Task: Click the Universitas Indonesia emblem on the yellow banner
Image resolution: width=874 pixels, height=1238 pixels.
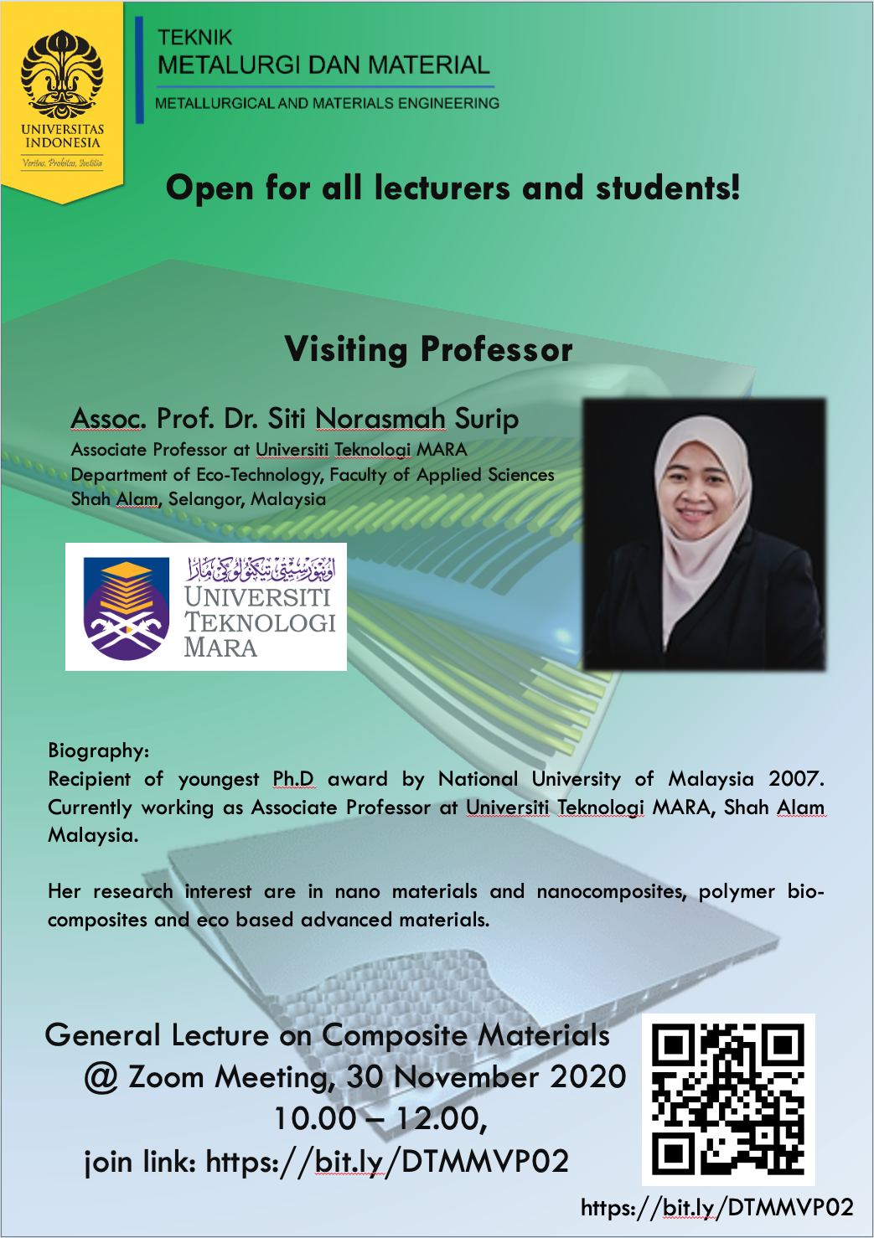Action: (x=61, y=75)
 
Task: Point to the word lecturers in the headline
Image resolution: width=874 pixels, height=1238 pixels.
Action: (x=442, y=188)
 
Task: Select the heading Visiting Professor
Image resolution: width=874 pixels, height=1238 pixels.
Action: (x=428, y=349)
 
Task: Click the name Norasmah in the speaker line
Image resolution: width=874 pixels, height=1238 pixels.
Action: (x=380, y=418)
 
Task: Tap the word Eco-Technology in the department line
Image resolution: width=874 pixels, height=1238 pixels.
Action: (x=259, y=475)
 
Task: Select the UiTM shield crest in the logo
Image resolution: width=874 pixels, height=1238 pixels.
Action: (x=126, y=608)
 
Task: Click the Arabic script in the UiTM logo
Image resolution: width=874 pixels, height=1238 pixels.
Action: (x=261, y=569)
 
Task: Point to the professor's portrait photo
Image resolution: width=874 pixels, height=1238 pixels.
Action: (x=704, y=534)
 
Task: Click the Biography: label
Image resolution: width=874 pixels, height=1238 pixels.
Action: (x=98, y=751)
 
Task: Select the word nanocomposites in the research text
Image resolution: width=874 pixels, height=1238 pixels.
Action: (x=612, y=891)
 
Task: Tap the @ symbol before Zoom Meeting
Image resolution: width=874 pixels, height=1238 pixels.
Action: (x=101, y=1078)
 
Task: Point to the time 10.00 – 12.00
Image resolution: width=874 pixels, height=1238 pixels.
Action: (x=380, y=1119)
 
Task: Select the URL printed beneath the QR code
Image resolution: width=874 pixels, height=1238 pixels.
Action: (x=717, y=1208)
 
